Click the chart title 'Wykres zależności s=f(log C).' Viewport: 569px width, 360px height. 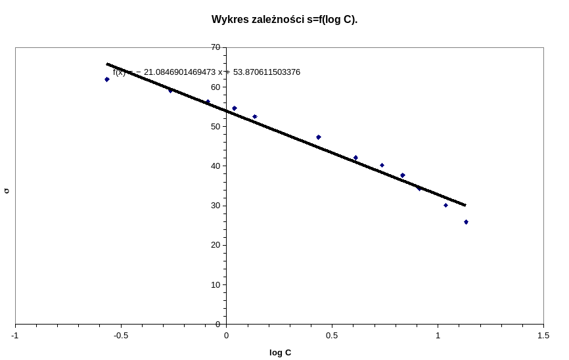click(x=284, y=20)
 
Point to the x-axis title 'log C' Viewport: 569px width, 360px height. click(x=280, y=353)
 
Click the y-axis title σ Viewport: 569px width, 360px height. click(x=7, y=191)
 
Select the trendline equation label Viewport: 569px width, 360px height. click(x=206, y=72)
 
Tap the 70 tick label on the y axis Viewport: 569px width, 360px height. click(x=216, y=47)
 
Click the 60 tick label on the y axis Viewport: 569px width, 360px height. click(x=216, y=87)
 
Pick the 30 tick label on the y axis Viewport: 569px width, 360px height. click(x=216, y=206)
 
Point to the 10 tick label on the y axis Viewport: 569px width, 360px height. click(x=216, y=284)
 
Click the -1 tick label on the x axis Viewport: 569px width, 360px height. click(x=15, y=336)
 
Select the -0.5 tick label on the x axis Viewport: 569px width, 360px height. click(x=121, y=336)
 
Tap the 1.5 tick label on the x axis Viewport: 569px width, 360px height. click(x=543, y=336)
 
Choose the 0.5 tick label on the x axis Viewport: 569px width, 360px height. click(x=332, y=336)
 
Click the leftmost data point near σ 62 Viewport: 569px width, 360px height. click(x=106, y=79)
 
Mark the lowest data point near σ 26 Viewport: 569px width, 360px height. click(x=466, y=222)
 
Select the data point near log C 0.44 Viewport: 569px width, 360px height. click(x=319, y=137)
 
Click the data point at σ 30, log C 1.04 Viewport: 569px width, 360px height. click(x=445, y=205)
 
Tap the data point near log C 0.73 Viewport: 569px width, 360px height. click(x=382, y=166)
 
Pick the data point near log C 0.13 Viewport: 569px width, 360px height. click(x=255, y=117)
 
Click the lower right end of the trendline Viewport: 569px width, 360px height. click(x=465, y=205)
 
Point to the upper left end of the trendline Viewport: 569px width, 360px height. click(x=107, y=64)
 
